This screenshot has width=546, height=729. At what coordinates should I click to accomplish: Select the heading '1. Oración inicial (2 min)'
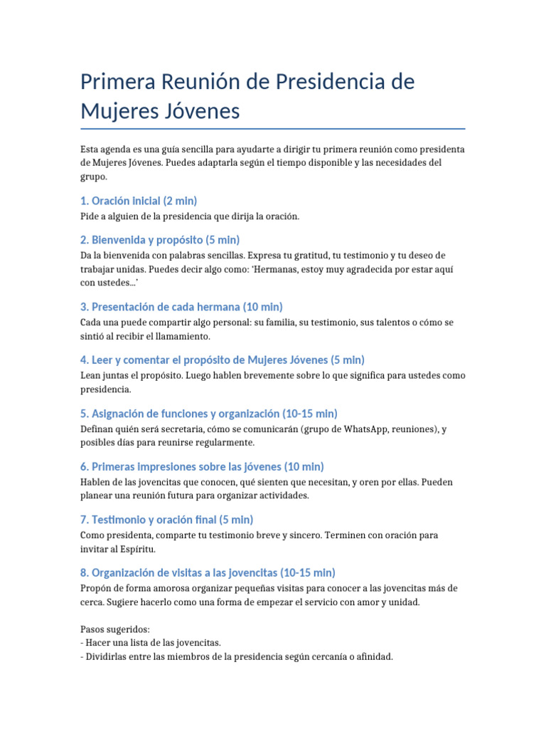click(x=139, y=201)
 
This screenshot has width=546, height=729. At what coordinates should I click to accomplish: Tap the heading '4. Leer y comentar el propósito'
click(x=223, y=360)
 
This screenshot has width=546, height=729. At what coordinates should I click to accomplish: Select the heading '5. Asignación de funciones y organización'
click(x=209, y=414)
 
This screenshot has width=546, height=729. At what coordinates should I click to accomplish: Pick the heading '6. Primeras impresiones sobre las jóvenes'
click(x=202, y=466)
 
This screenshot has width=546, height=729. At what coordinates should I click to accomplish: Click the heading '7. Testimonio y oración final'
click(x=167, y=520)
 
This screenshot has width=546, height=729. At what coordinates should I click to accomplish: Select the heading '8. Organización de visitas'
click(x=208, y=572)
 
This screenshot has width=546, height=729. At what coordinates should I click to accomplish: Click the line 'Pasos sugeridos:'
click(x=115, y=629)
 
